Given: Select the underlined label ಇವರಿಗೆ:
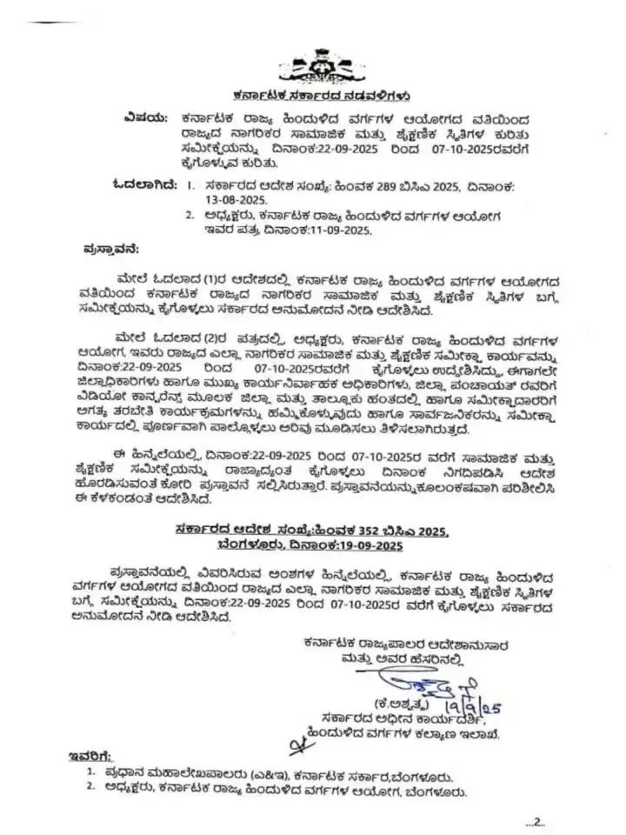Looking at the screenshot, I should (90, 756).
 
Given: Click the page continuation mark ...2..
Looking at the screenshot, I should (533, 821).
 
